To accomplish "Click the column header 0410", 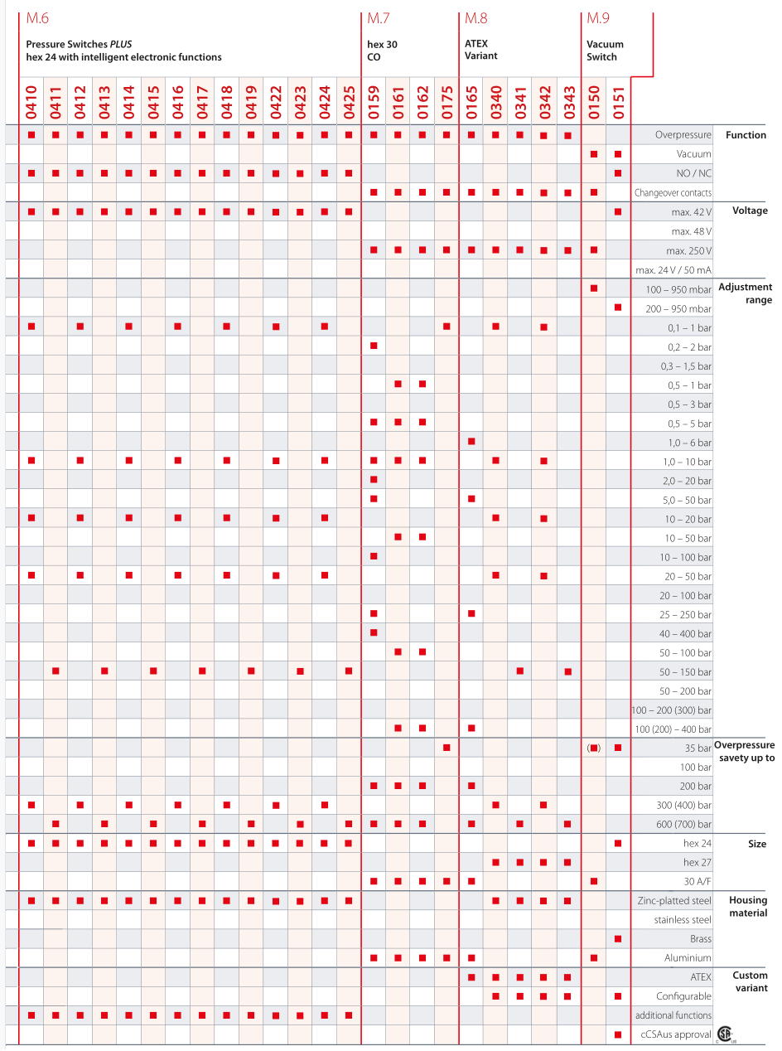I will (x=31, y=102).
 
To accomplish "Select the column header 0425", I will (x=349, y=102).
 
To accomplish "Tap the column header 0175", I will (x=447, y=102).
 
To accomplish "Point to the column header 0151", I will (x=618, y=102).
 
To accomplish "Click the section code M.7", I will (x=379, y=17).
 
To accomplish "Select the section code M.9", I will (x=598, y=17).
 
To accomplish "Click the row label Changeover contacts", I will (x=673, y=193).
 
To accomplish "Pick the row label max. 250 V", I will (x=687, y=250).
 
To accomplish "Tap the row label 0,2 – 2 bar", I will (x=689, y=346).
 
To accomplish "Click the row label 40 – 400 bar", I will (x=685, y=634).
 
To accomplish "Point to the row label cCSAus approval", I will (x=676, y=1034).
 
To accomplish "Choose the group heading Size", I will (x=756, y=844).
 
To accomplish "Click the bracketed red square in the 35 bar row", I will (x=594, y=748).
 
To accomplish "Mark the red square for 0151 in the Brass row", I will (x=618, y=939).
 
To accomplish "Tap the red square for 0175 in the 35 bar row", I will (x=447, y=748).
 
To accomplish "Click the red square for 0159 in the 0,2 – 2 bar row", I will (x=374, y=346).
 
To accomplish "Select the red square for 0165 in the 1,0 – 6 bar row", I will (x=471, y=441).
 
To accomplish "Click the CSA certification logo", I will (x=726, y=1034).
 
